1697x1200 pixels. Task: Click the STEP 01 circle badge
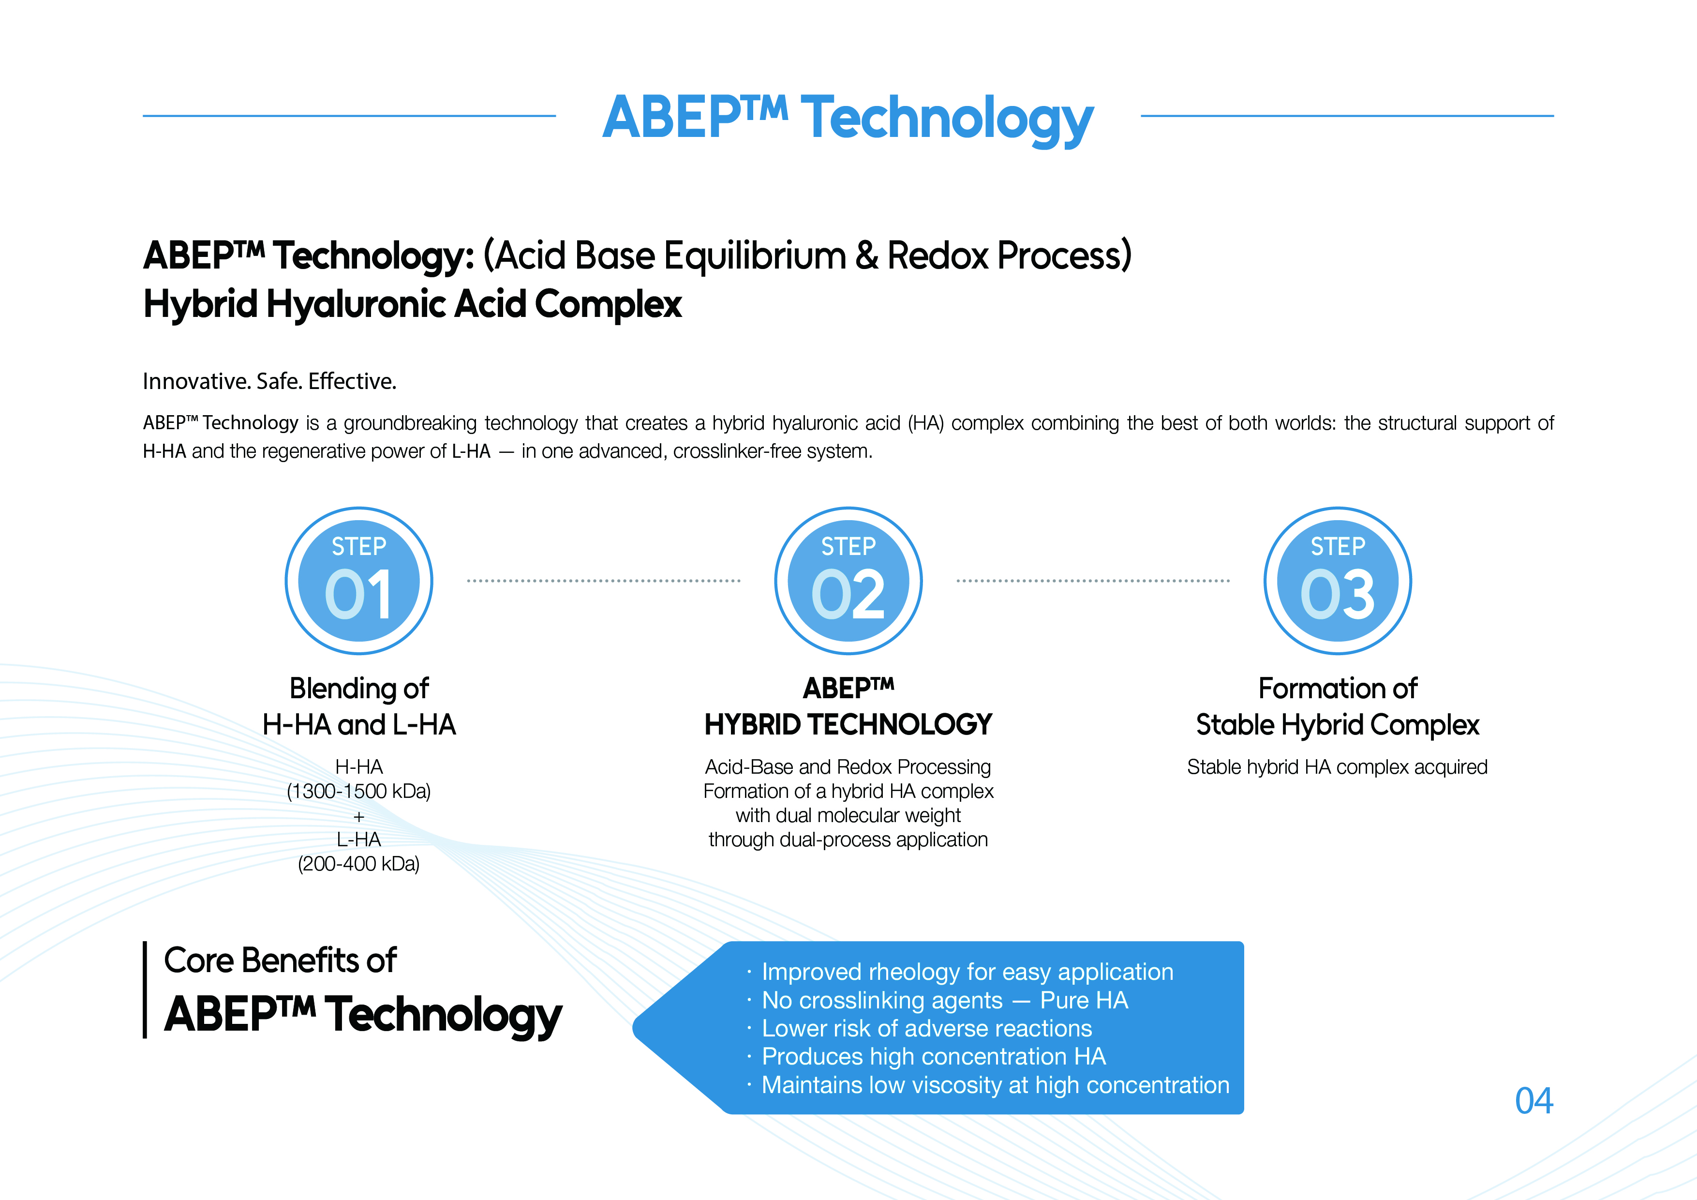359,581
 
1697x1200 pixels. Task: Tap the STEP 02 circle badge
848,581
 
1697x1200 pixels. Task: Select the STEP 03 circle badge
1338,581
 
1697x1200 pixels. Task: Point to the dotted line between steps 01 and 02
604,581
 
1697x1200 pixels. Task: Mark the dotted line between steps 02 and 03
1093,581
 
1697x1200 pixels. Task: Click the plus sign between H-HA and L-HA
359,817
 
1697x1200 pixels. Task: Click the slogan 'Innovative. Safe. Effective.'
270,381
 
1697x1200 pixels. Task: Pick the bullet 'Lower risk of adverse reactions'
927,1028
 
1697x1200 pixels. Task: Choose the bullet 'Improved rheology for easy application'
968,972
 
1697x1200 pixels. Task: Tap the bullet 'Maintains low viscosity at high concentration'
996,1085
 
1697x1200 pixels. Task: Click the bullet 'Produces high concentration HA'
934,1057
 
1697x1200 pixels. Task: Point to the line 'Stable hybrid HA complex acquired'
1337,767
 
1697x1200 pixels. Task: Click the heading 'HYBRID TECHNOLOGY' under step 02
848,724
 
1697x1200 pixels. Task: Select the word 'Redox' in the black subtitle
937,256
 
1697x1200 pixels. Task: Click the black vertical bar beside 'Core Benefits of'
145,990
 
